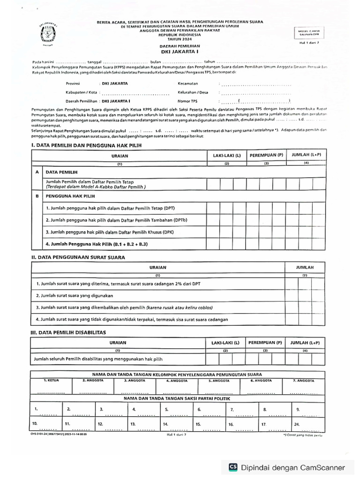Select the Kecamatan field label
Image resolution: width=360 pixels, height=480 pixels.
click(x=188, y=83)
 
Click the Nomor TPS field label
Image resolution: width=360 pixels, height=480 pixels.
click(x=187, y=101)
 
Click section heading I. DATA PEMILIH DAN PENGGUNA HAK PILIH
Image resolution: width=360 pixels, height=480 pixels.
click(x=86, y=145)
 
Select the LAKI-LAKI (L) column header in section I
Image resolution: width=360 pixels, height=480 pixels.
click(x=226, y=155)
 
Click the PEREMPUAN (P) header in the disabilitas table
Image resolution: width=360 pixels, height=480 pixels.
click(x=265, y=342)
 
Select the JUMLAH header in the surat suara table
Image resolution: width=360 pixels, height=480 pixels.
click(x=305, y=267)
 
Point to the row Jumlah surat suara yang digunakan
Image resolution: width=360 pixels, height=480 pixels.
click(x=75, y=296)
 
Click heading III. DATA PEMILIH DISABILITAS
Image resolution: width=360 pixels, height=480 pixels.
click(x=68, y=332)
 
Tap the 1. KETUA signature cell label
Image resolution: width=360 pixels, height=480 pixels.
click(x=51, y=381)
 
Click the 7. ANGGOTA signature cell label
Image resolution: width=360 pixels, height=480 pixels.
click(x=304, y=381)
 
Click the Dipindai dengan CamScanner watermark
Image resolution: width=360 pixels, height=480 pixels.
click(x=286, y=467)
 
